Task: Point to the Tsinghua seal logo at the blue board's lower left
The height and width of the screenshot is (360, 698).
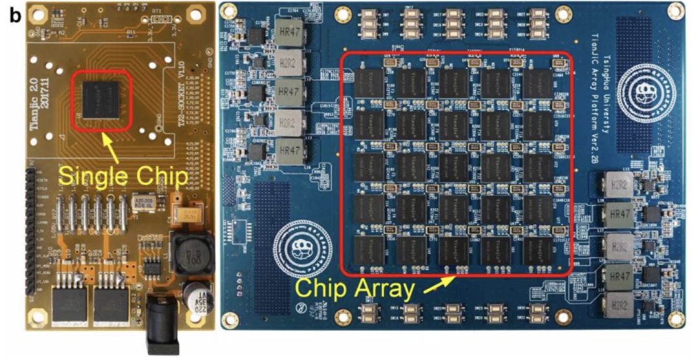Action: pyautogui.click(x=298, y=242)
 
